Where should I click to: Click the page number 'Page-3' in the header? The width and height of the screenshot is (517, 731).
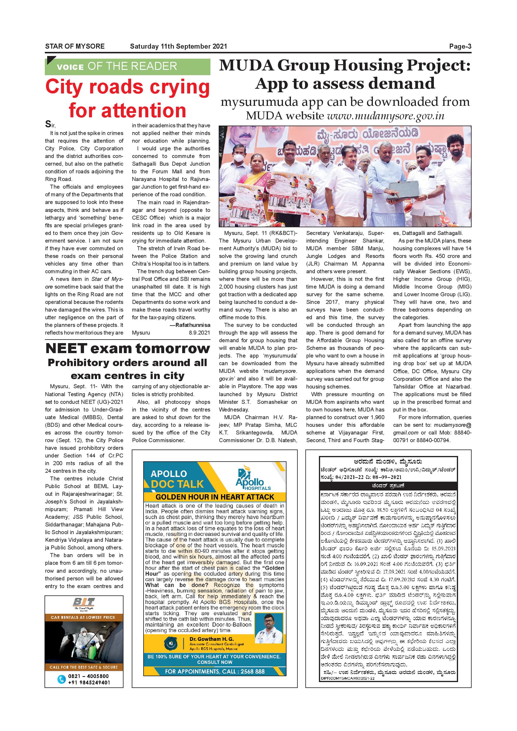[x=460, y=47]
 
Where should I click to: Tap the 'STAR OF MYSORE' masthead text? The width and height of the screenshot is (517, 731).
[x=75, y=47]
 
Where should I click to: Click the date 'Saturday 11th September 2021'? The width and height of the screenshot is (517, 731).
[x=178, y=47]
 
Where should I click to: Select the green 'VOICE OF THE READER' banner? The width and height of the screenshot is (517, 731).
[x=127, y=66]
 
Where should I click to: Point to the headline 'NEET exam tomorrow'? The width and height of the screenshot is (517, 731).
[x=128, y=348]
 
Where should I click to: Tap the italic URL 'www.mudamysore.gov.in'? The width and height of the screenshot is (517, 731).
[x=386, y=116]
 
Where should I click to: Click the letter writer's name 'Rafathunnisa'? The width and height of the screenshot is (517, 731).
[x=193, y=325]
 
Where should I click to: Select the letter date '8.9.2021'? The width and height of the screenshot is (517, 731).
[x=199, y=333]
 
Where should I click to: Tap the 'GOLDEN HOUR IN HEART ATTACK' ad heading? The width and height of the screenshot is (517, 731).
[x=215, y=497]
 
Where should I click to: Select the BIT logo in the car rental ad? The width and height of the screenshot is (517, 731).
[x=84, y=602]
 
